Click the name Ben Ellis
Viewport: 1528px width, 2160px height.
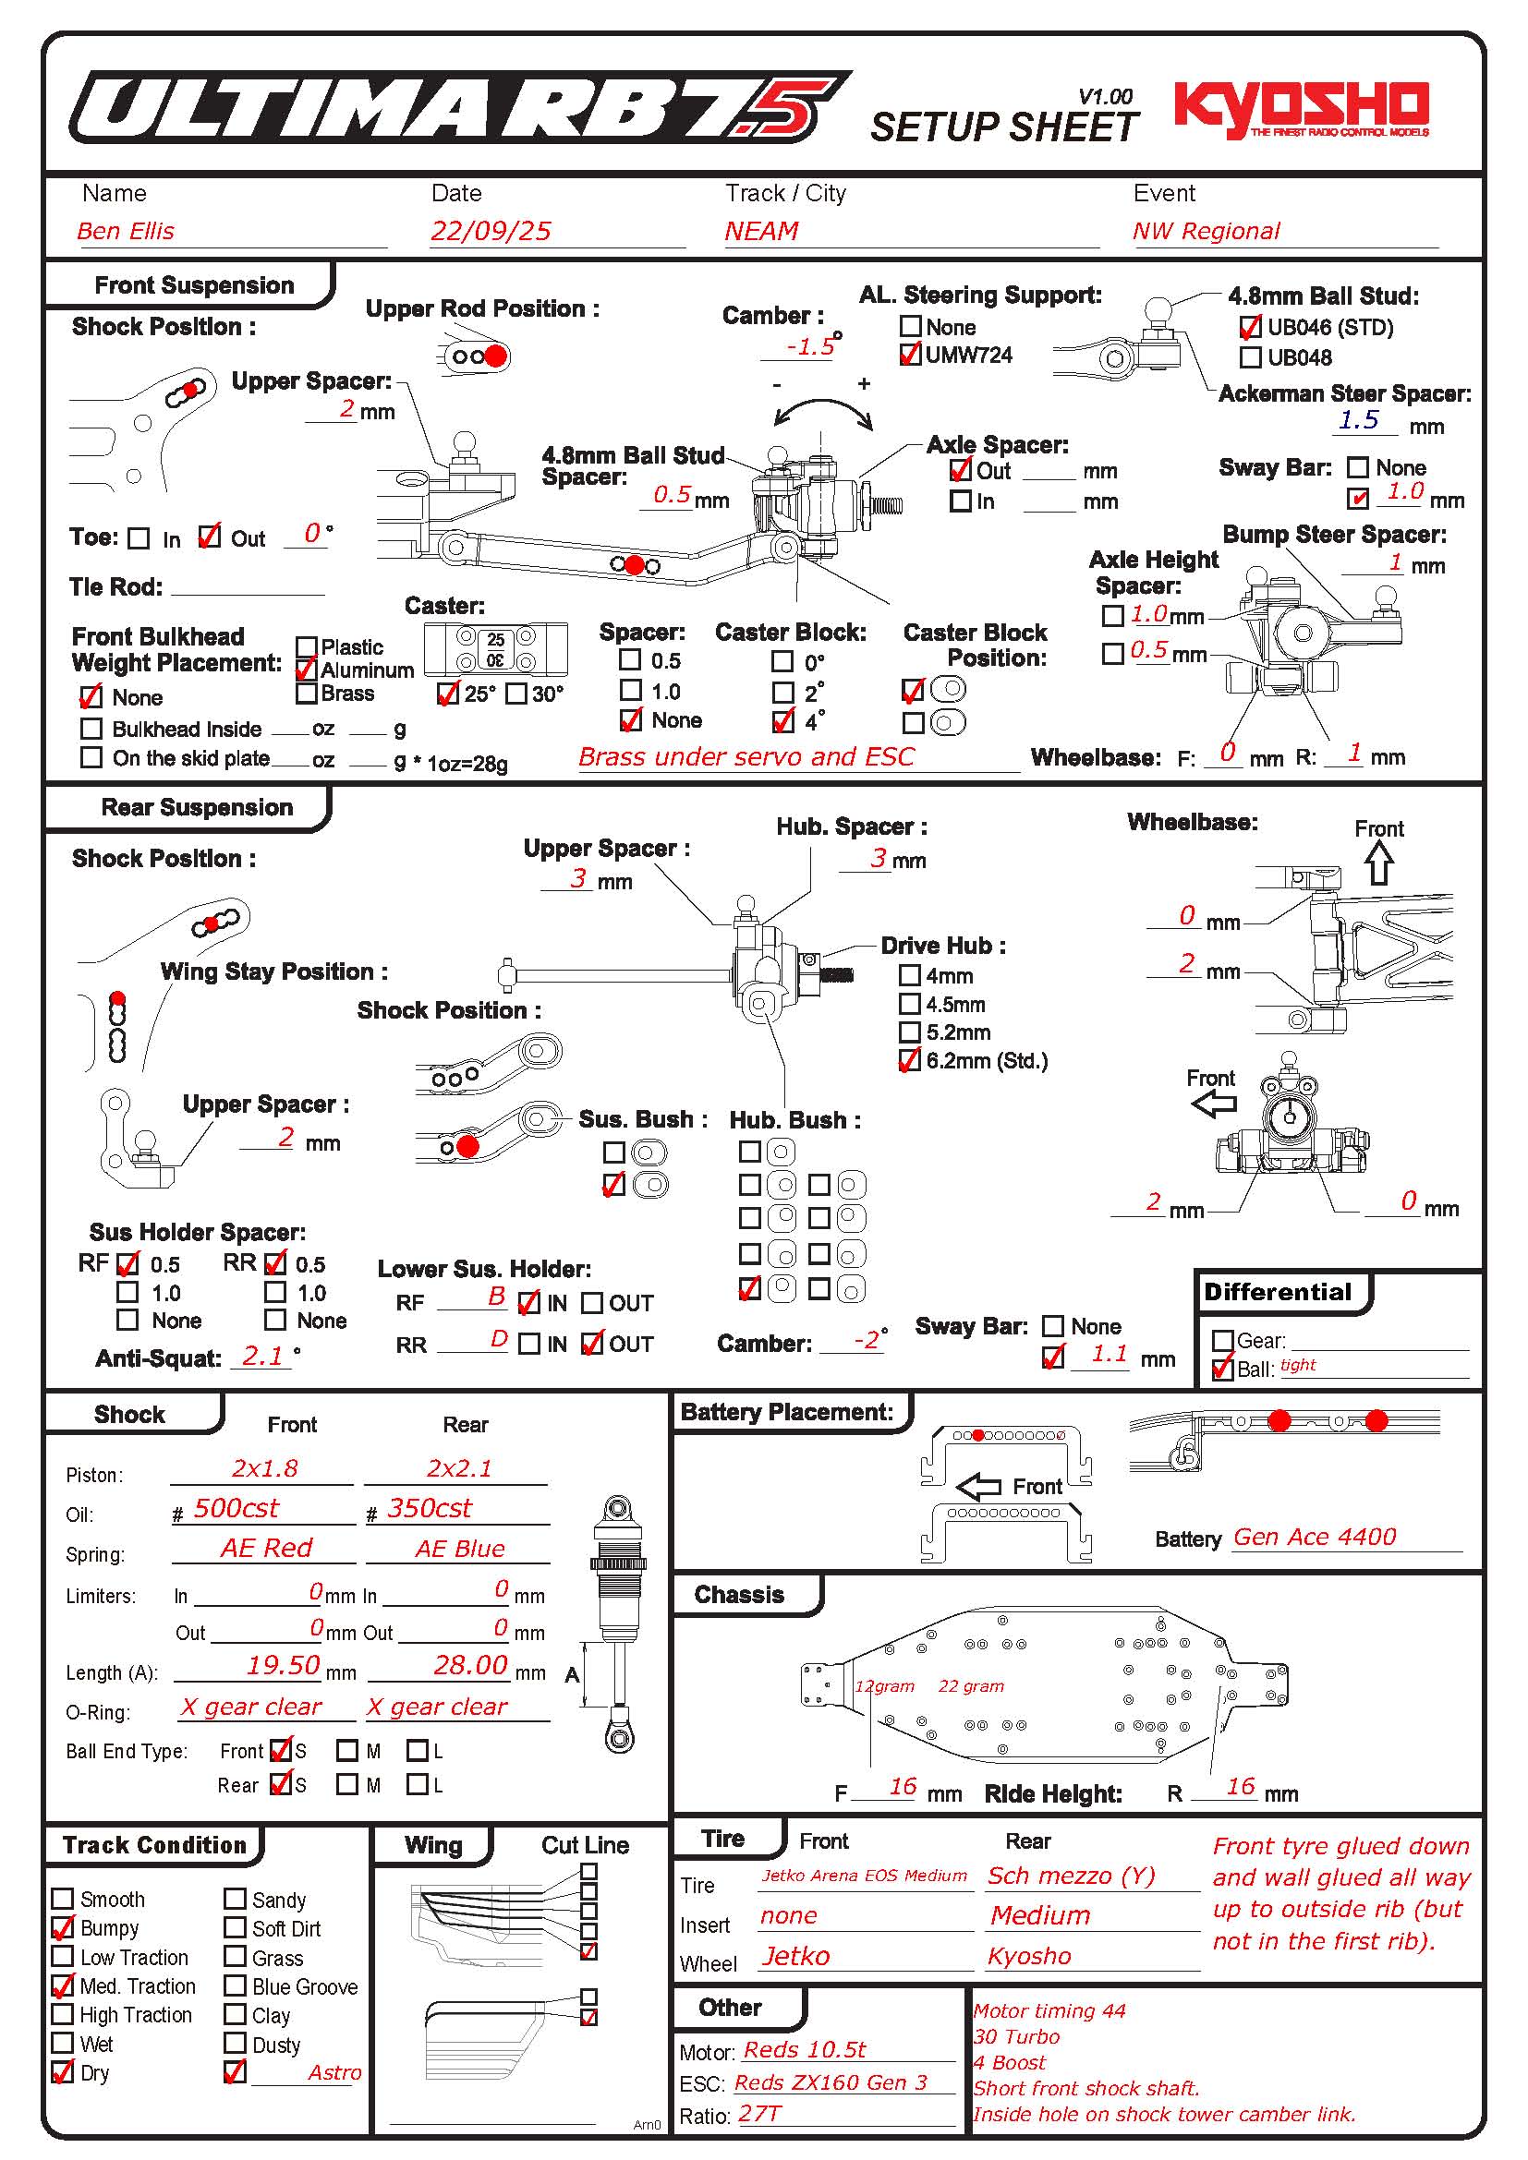(x=126, y=232)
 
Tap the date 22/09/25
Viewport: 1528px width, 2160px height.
(x=491, y=232)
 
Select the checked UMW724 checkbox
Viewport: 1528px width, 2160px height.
(x=910, y=355)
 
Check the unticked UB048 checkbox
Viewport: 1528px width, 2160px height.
(x=1251, y=357)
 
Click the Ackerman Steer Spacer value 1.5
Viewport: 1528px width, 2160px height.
(x=1359, y=420)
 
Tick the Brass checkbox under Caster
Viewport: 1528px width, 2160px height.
(x=306, y=694)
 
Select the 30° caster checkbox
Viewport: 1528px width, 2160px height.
(x=515, y=694)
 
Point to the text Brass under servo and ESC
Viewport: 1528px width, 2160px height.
(x=746, y=757)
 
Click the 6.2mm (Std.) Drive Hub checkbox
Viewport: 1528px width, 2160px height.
(x=910, y=1061)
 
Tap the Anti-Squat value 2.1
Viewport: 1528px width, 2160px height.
(x=262, y=1356)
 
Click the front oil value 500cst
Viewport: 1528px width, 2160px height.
(x=236, y=1509)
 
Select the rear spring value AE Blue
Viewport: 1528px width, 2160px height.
(x=460, y=1549)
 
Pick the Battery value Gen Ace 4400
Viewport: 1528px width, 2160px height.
(x=1315, y=1538)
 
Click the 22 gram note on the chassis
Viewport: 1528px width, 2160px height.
(x=971, y=1687)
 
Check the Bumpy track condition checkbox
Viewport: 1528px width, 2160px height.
(x=63, y=1928)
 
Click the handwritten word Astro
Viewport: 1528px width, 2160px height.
(x=334, y=2072)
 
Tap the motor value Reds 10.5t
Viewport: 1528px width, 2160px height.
(x=805, y=2050)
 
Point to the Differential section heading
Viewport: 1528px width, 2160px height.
(x=1277, y=1293)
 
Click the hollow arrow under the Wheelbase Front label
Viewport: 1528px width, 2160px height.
(x=1379, y=862)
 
